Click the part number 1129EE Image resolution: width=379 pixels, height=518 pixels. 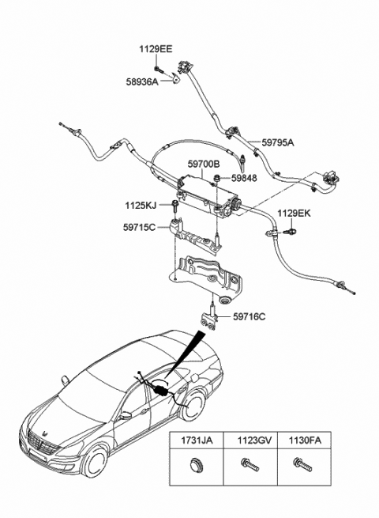[156, 49]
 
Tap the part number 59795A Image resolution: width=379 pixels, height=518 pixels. [276, 143]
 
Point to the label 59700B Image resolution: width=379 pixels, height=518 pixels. [204, 164]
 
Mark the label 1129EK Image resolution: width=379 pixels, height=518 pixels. [294, 213]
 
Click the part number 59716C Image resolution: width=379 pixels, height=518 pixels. [250, 317]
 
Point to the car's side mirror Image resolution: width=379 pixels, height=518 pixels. [125, 414]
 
